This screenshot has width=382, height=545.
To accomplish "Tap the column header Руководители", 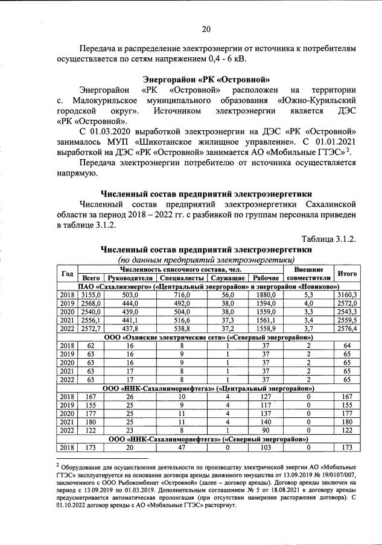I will pos(130,278).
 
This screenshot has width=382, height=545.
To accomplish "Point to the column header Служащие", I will pos(226,278).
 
